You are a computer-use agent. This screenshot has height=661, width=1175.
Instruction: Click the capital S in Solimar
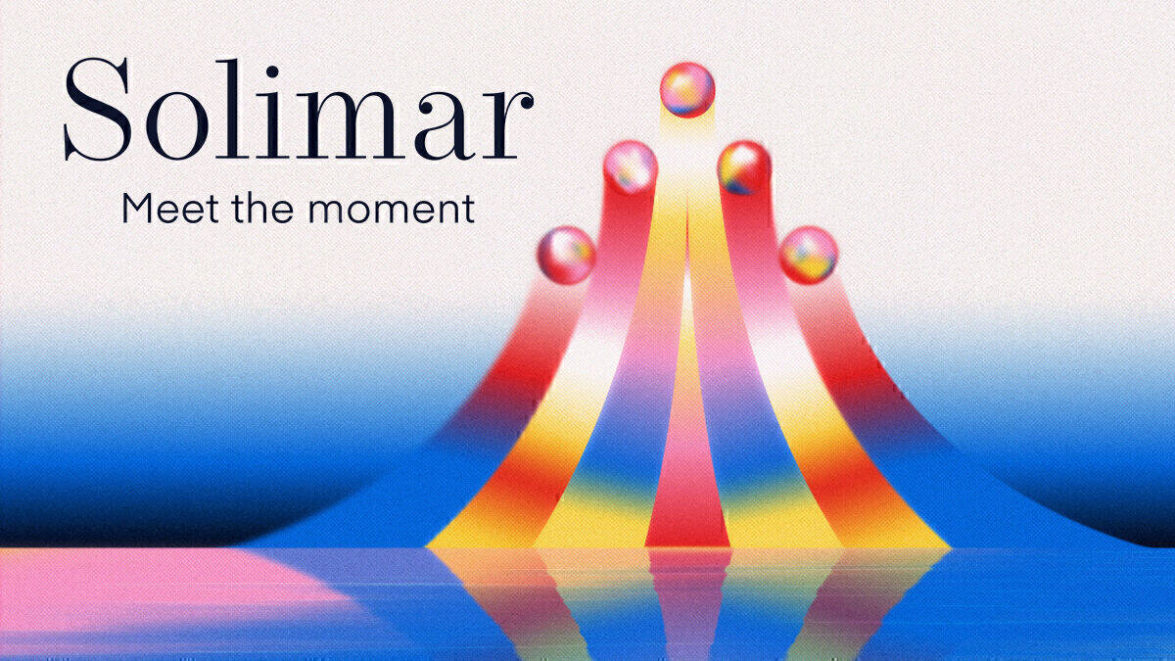pos(97,109)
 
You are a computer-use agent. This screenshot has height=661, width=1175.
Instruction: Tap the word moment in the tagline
pos(392,211)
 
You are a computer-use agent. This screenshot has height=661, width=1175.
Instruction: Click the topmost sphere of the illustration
pos(687,89)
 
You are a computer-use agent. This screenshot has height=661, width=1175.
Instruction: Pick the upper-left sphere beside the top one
pos(630,166)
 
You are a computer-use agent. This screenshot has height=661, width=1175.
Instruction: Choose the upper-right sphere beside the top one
pos(744,166)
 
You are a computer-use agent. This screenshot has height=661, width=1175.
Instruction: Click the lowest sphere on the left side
pos(567,255)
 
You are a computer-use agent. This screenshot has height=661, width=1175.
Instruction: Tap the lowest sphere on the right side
pos(809,255)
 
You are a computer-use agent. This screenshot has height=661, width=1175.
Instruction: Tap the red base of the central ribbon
pos(687,519)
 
